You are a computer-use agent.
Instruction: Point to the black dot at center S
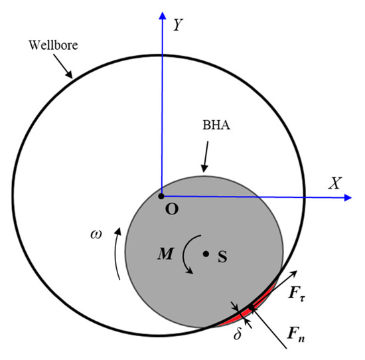click(206, 254)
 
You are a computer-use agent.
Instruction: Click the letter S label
click(222, 257)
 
